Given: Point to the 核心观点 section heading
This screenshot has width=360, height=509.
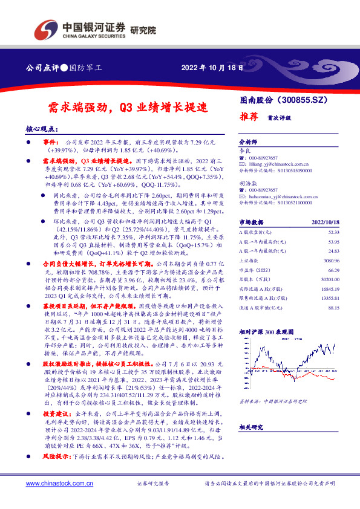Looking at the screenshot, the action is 42,129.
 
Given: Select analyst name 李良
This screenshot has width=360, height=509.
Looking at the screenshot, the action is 244,149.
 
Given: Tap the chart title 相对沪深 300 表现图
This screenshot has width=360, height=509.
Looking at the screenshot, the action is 263,331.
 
